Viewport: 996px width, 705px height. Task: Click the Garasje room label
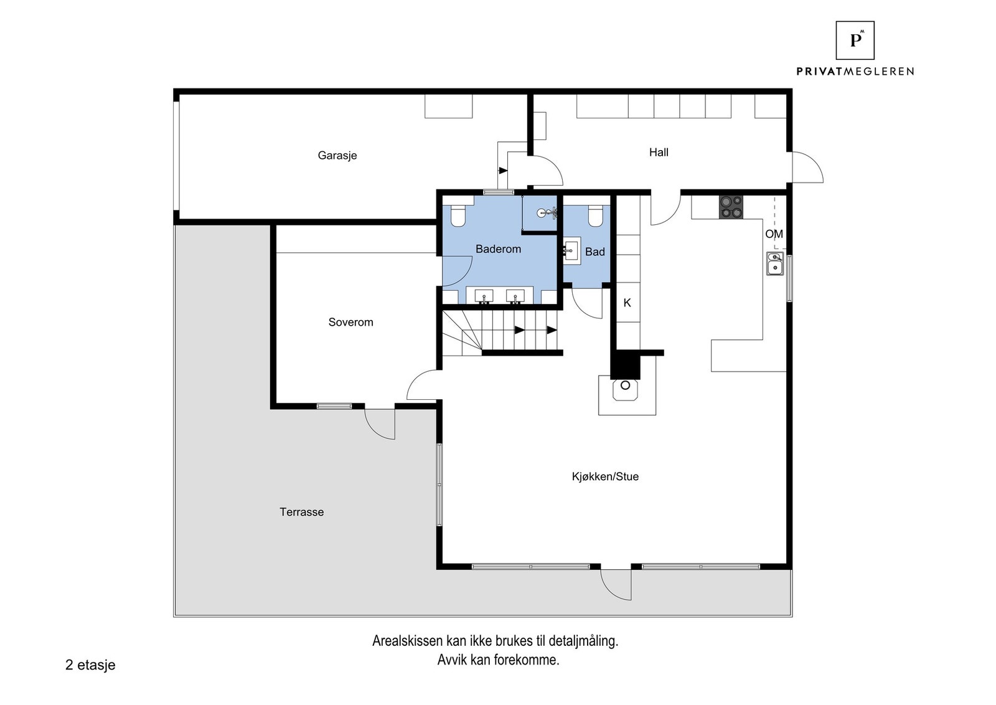337,155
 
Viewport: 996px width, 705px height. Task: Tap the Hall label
659,152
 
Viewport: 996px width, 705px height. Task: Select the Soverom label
351,322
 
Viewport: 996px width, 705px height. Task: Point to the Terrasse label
301,512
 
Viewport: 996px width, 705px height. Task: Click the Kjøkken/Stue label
605,476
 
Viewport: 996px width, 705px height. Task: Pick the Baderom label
498,248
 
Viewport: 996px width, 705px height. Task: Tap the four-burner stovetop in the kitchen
731,207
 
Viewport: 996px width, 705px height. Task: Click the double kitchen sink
775,264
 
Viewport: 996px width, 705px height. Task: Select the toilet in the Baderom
458,215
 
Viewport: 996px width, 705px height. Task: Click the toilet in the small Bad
595,215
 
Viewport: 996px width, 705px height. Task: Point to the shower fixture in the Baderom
547,213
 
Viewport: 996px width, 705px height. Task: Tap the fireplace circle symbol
625,385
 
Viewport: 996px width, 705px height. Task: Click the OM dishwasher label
774,234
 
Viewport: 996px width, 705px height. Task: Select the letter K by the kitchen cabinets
627,303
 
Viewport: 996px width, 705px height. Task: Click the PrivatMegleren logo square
855,40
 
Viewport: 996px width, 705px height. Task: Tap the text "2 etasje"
90,665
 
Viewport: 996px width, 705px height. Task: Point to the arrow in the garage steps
503,171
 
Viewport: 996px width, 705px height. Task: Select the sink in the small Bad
572,251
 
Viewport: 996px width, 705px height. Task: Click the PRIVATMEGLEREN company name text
855,71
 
